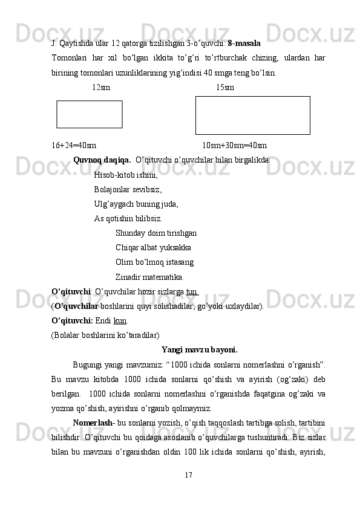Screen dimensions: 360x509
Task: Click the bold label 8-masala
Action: pos(244,44)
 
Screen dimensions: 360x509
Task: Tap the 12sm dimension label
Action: pos(101,87)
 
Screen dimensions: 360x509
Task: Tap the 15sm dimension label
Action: pos(225,87)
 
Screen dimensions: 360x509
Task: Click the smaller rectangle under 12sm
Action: pos(90,114)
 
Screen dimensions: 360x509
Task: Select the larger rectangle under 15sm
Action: pos(252,115)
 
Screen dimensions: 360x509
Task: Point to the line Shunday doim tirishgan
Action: pos(155,233)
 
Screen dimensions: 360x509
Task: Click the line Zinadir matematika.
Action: pos(149,277)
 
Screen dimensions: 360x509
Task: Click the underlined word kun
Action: pos(120,320)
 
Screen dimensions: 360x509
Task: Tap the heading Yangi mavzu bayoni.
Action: pos(199,349)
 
